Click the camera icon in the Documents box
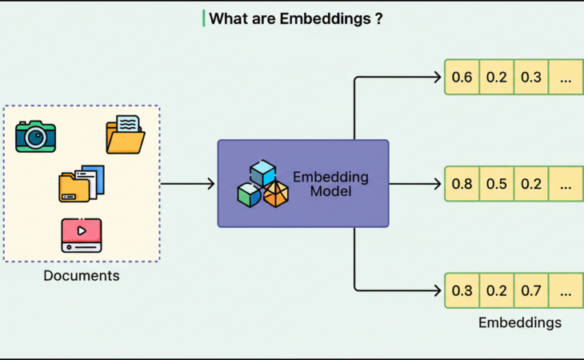(35, 136)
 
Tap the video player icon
(81, 235)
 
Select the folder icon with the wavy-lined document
(126, 134)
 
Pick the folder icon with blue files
(81, 184)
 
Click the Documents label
(81, 276)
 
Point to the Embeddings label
(519, 323)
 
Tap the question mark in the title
(378, 18)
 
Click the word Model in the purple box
(330, 192)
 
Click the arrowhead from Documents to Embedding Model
(210, 184)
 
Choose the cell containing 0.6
(462, 78)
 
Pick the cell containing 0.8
(462, 184)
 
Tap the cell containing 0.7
(531, 290)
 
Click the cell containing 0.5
(497, 184)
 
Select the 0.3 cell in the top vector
(531, 78)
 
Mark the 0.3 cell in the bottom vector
(462, 290)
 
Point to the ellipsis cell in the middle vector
(566, 184)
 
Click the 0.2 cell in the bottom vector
(497, 290)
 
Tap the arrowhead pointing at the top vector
(437, 78)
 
